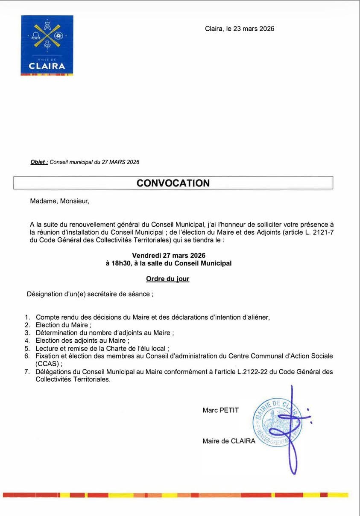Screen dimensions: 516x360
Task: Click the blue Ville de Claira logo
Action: coord(47,45)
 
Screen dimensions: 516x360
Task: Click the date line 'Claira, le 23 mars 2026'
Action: coord(239,29)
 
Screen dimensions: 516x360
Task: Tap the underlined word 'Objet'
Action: coord(38,162)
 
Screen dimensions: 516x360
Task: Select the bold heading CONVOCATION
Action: coord(173,183)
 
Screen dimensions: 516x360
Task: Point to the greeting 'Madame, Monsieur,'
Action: coord(60,201)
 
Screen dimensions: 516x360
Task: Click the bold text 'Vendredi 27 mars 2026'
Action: coord(169,255)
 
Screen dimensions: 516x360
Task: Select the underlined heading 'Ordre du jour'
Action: coord(167,279)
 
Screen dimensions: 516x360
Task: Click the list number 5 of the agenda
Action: coord(26,348)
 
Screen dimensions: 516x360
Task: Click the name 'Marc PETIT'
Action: coord(220,410)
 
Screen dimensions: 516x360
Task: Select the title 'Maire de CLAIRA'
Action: coord(228,441)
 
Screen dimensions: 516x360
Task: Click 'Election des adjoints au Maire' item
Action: coord(81,341)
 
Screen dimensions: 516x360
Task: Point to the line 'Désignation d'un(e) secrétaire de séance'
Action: coord(90,294)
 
